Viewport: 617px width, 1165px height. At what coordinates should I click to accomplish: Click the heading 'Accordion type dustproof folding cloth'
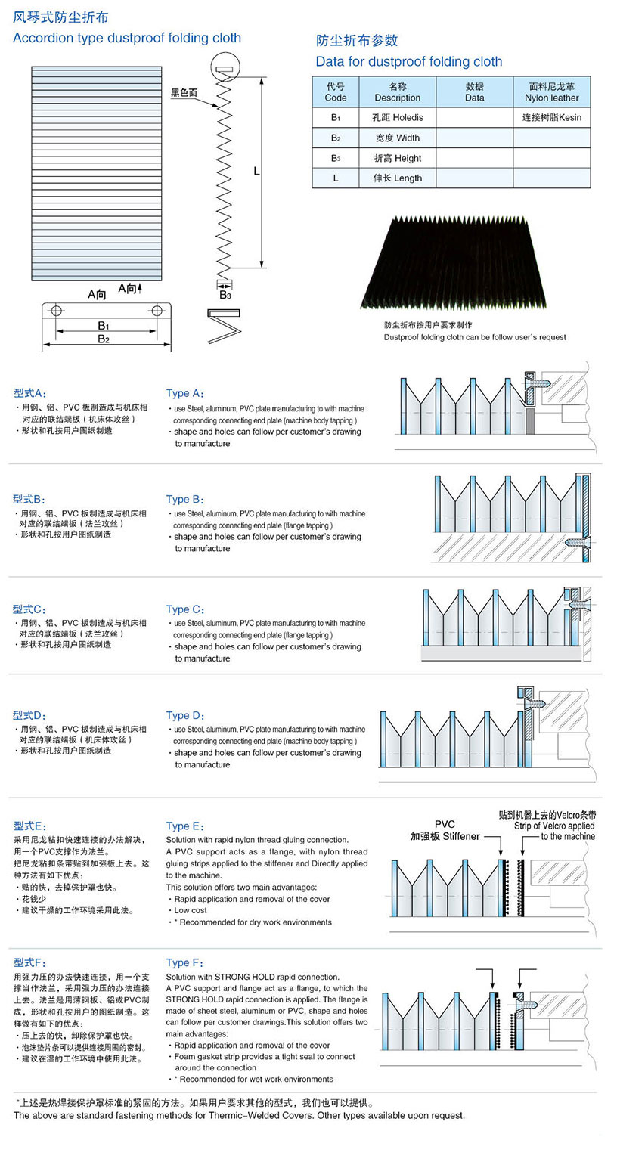click(127, 38)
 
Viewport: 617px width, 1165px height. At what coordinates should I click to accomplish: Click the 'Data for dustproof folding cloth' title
click(408, 61)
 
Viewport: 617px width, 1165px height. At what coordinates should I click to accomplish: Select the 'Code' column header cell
click(336, 92)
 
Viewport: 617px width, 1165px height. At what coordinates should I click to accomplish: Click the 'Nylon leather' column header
click(551, 92)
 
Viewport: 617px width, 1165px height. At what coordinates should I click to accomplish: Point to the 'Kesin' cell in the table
click(551, 118)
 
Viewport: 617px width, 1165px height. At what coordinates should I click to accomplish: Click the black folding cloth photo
click(452, 262)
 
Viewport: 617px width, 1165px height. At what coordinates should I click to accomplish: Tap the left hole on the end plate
click(56, 311)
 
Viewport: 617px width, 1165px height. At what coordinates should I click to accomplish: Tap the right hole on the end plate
click(157, 311)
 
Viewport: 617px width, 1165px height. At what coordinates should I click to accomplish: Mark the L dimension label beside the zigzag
click(256, 172)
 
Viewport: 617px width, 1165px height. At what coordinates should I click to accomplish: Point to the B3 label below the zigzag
click(225, 295)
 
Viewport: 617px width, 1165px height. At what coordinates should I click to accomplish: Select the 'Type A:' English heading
click(184, 393)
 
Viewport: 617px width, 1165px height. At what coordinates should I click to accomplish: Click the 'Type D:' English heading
click(184, 715)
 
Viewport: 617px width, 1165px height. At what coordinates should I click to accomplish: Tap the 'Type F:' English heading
click(184, 962)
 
